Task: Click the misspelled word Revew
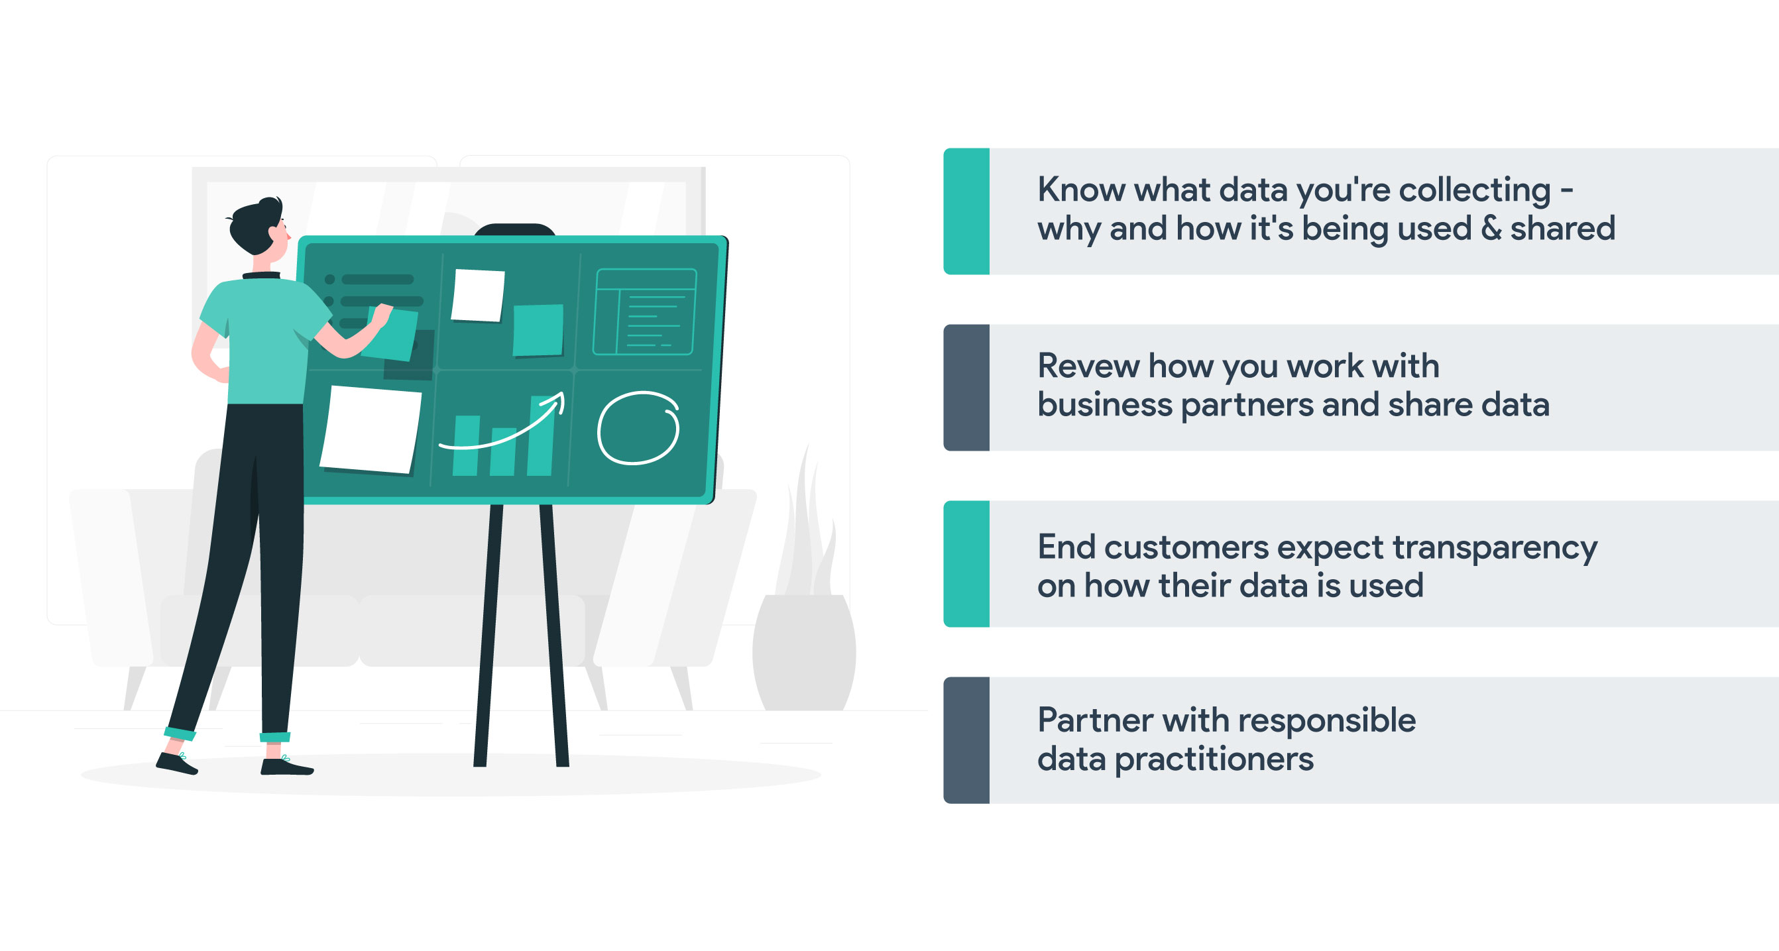pos(1088,365)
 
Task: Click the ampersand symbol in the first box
pos(1491,228)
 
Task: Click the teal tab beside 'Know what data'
pos(966,211)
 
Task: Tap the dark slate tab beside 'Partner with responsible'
pos(966,740)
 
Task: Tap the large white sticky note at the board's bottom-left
pos(371,429)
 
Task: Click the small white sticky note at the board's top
pos(477,295)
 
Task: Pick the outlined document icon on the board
pos(645,311)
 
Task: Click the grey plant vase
pos(804,652)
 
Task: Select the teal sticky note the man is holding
pos(390,334)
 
